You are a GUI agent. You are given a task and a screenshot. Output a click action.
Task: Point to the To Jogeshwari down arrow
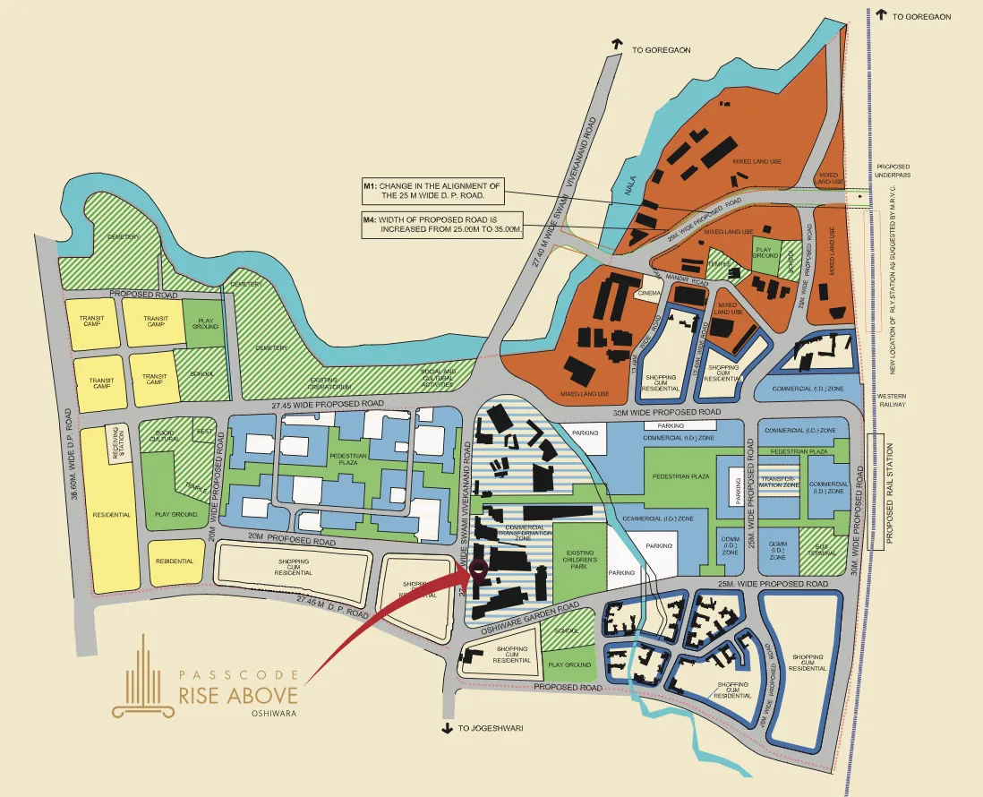click(447, 728)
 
